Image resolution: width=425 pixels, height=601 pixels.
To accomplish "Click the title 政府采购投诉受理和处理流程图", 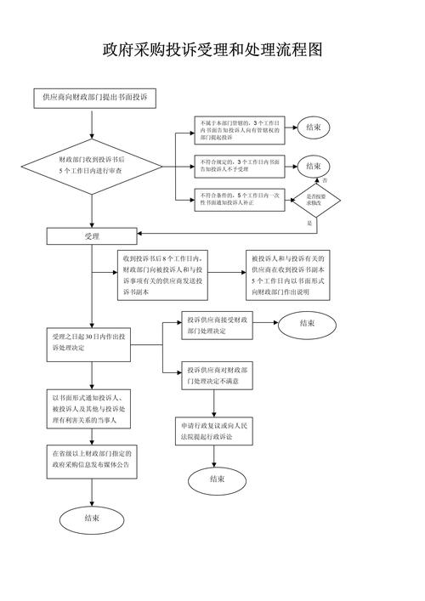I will tap(212, 50).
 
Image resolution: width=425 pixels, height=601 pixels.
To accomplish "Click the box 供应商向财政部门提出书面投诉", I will tap(95, 99).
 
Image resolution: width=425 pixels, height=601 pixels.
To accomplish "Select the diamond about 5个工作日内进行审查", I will tap(91, 165).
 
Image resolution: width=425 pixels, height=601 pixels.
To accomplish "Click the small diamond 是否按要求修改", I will tap(322, 200).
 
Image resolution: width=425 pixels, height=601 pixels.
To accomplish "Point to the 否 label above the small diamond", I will tap(325, 181).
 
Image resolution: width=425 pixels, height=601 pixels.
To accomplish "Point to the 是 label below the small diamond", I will tap(309, 222).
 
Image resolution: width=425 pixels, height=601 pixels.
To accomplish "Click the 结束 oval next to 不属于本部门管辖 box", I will tap(314, 128).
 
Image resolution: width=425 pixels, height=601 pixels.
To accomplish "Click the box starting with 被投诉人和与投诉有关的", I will tap(292, 275).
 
